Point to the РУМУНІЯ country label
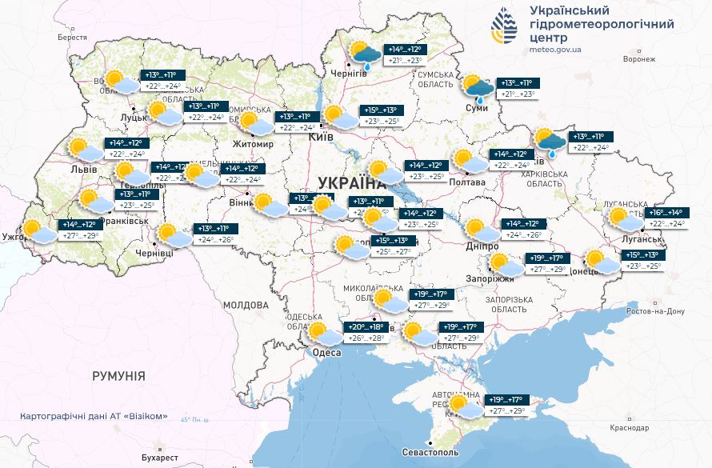(118, 374)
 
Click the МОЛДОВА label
(246, 305)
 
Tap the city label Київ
(321, 138)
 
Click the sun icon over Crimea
(459, 404)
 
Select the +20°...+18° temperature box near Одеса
(366, 332)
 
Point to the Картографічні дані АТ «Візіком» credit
(96, 416)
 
